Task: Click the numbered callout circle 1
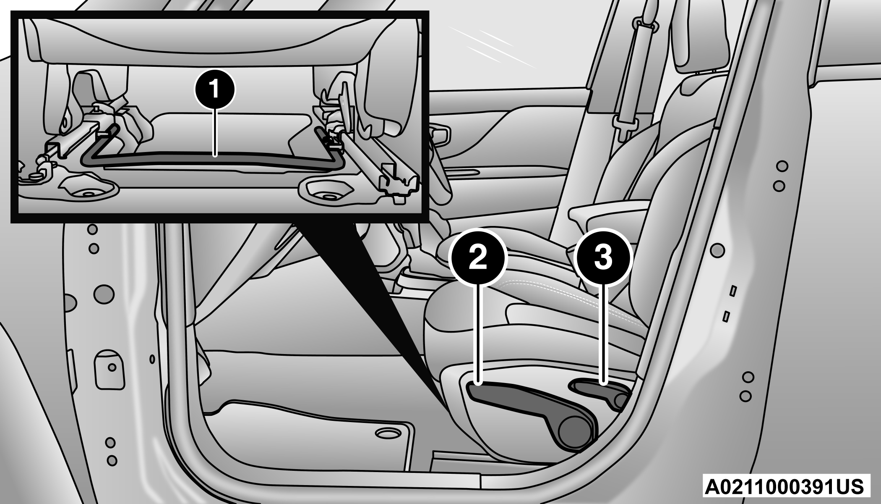(x=215, y=89)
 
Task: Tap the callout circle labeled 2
(x=478, y=257)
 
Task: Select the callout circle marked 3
(x=603, y=257)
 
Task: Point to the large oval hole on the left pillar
(x=103, y=293)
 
